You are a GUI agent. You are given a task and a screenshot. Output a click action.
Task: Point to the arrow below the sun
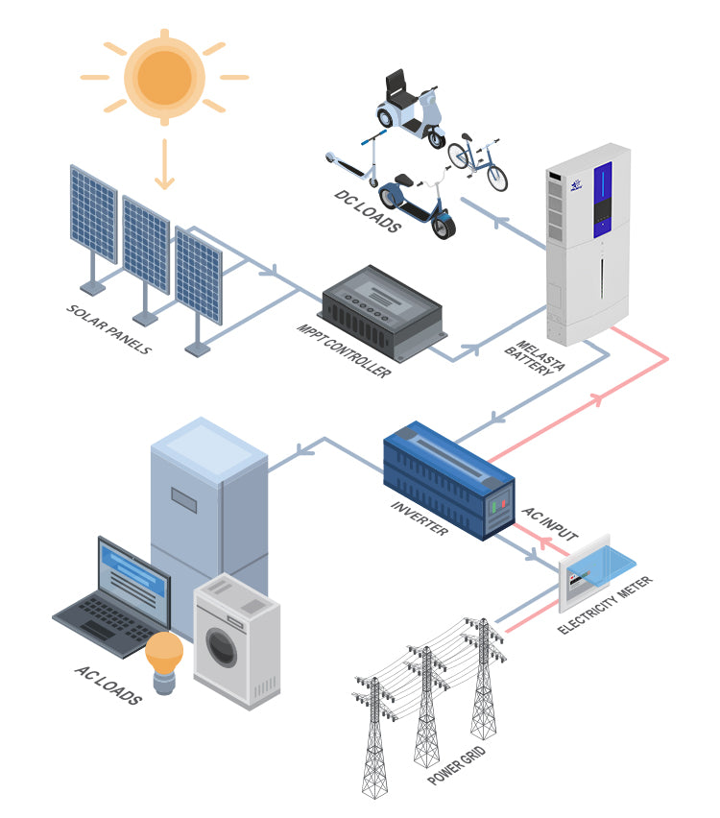165,164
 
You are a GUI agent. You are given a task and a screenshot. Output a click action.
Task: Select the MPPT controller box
381,307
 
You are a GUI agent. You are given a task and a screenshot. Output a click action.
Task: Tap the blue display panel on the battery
603,200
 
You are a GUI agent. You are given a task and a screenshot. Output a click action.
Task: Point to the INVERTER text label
420,518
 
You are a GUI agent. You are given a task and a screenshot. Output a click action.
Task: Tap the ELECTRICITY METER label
606,607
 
